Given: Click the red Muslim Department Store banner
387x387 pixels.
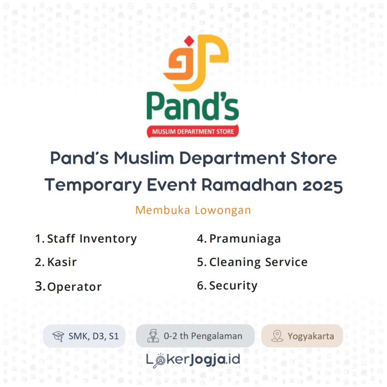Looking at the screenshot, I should coord(193,131).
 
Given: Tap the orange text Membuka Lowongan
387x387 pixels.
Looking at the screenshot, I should coord(193,210).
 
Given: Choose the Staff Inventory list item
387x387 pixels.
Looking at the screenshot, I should coord(91,239).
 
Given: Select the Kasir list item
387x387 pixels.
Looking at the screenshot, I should coord(61,262).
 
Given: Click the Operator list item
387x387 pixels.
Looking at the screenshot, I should coord(74,286).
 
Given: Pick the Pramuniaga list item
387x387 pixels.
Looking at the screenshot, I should coord(245,239).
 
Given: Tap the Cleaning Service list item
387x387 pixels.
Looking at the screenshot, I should coord(258,262).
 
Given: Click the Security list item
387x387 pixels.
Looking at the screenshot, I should coord(233,285).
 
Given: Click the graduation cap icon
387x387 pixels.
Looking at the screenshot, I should coord(58,336).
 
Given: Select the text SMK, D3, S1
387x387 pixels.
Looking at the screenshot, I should coord(93,336).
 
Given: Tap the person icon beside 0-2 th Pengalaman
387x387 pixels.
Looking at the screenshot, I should coord(153,336).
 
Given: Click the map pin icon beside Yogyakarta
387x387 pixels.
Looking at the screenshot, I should coord(277,336).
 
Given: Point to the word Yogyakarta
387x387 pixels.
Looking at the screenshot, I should coord(310,336).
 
